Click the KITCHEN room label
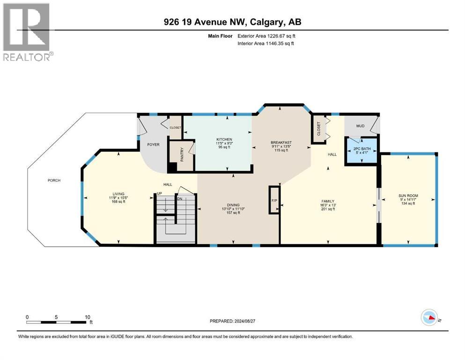point(223,139)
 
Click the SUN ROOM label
point(408,195)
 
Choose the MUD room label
point(360,126)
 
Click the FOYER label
point(153,144)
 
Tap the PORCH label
point(54,180)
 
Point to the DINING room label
point(233,205)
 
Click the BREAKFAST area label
point(281,142)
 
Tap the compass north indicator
point(429,318)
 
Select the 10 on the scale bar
point(87,317)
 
